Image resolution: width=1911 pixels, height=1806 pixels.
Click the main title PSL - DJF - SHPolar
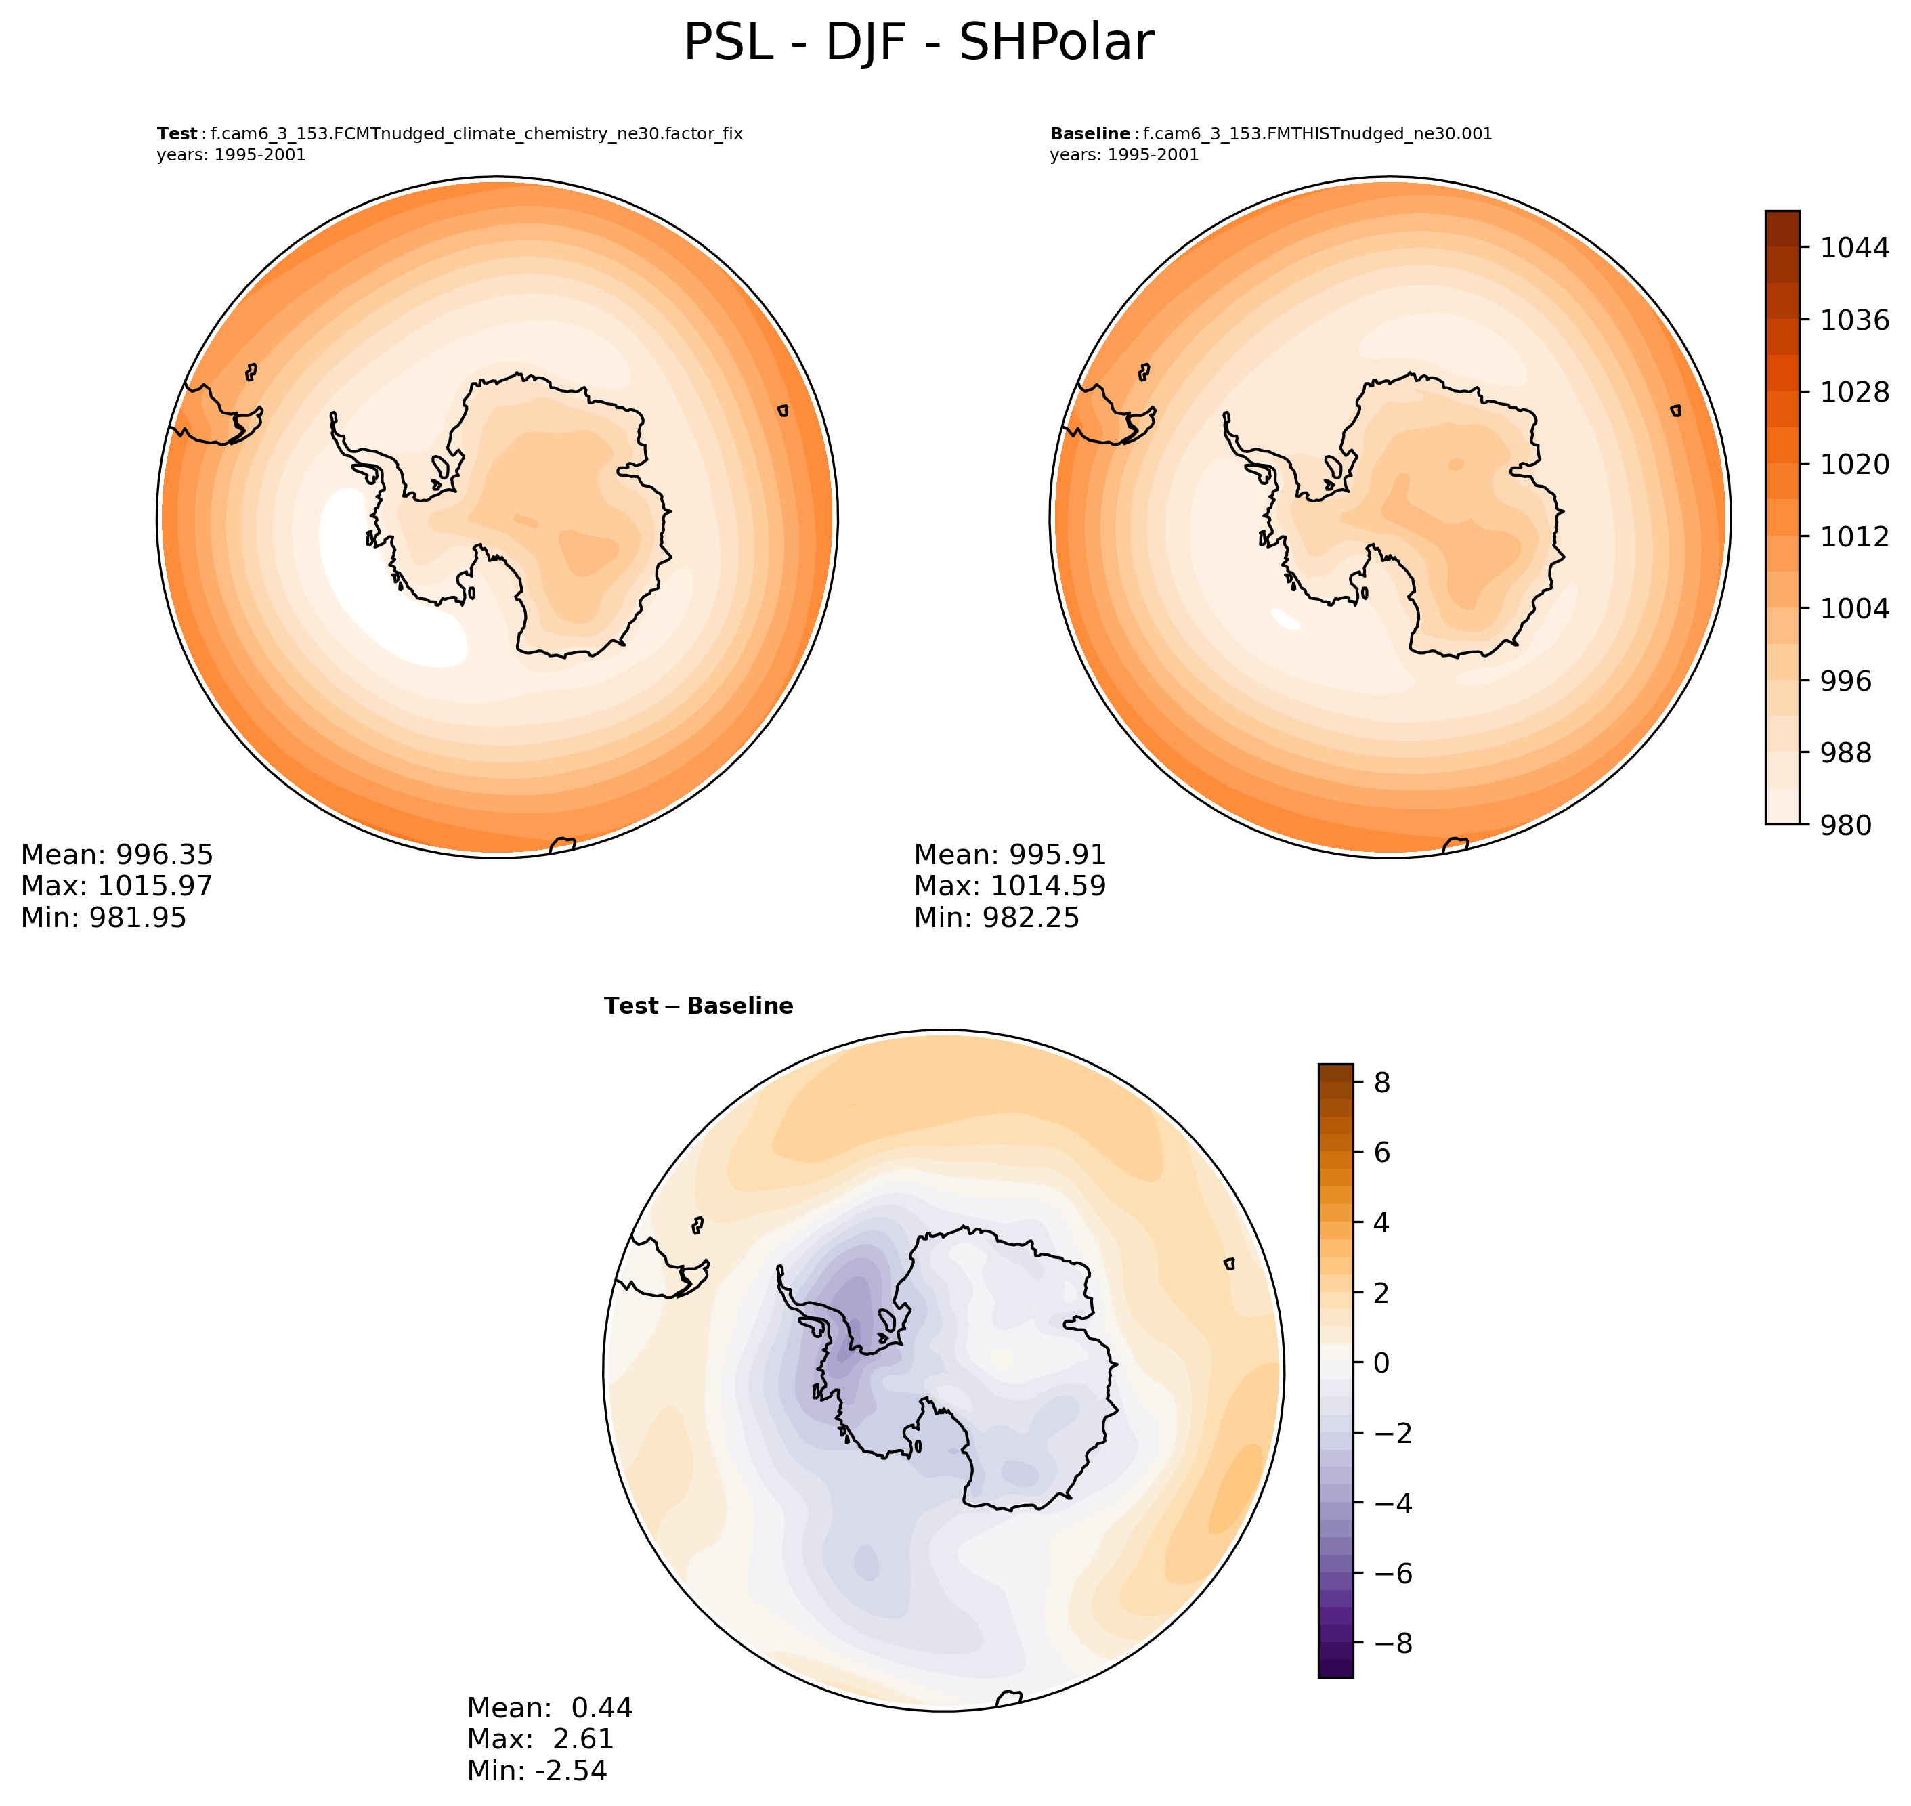click(x=918, y=43)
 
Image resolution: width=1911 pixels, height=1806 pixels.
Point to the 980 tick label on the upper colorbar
click(x=1845, y=825)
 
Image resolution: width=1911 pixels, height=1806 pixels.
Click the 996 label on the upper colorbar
click(x=1845, y=681)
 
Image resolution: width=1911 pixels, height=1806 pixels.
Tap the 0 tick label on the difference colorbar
click(x=1381, y=1362)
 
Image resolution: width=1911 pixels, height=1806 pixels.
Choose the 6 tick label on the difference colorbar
click(x=1381, y=1153)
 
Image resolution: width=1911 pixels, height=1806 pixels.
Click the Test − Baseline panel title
click(x=698, y=1006)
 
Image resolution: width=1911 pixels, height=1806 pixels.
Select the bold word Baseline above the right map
click(x=1090, y=134)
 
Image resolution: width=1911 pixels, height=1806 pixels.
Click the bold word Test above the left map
click(x=177, y=134)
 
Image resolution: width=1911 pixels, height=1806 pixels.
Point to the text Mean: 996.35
click(x=116, y=855)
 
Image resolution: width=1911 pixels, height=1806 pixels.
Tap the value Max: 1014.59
click(x=1010, y=886)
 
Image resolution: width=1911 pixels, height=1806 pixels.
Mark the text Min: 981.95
click(x=104, y=918)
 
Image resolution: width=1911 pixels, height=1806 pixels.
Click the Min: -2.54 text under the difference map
click(x=537, y=1770)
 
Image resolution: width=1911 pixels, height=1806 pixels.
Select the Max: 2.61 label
click(x=540, y=1738)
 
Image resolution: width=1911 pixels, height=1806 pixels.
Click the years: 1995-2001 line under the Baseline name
click(x=1125, y=155)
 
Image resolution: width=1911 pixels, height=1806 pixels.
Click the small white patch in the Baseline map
click(x=1285, y=618)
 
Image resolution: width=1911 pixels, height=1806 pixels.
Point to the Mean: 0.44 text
click(x=550, y=1708)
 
